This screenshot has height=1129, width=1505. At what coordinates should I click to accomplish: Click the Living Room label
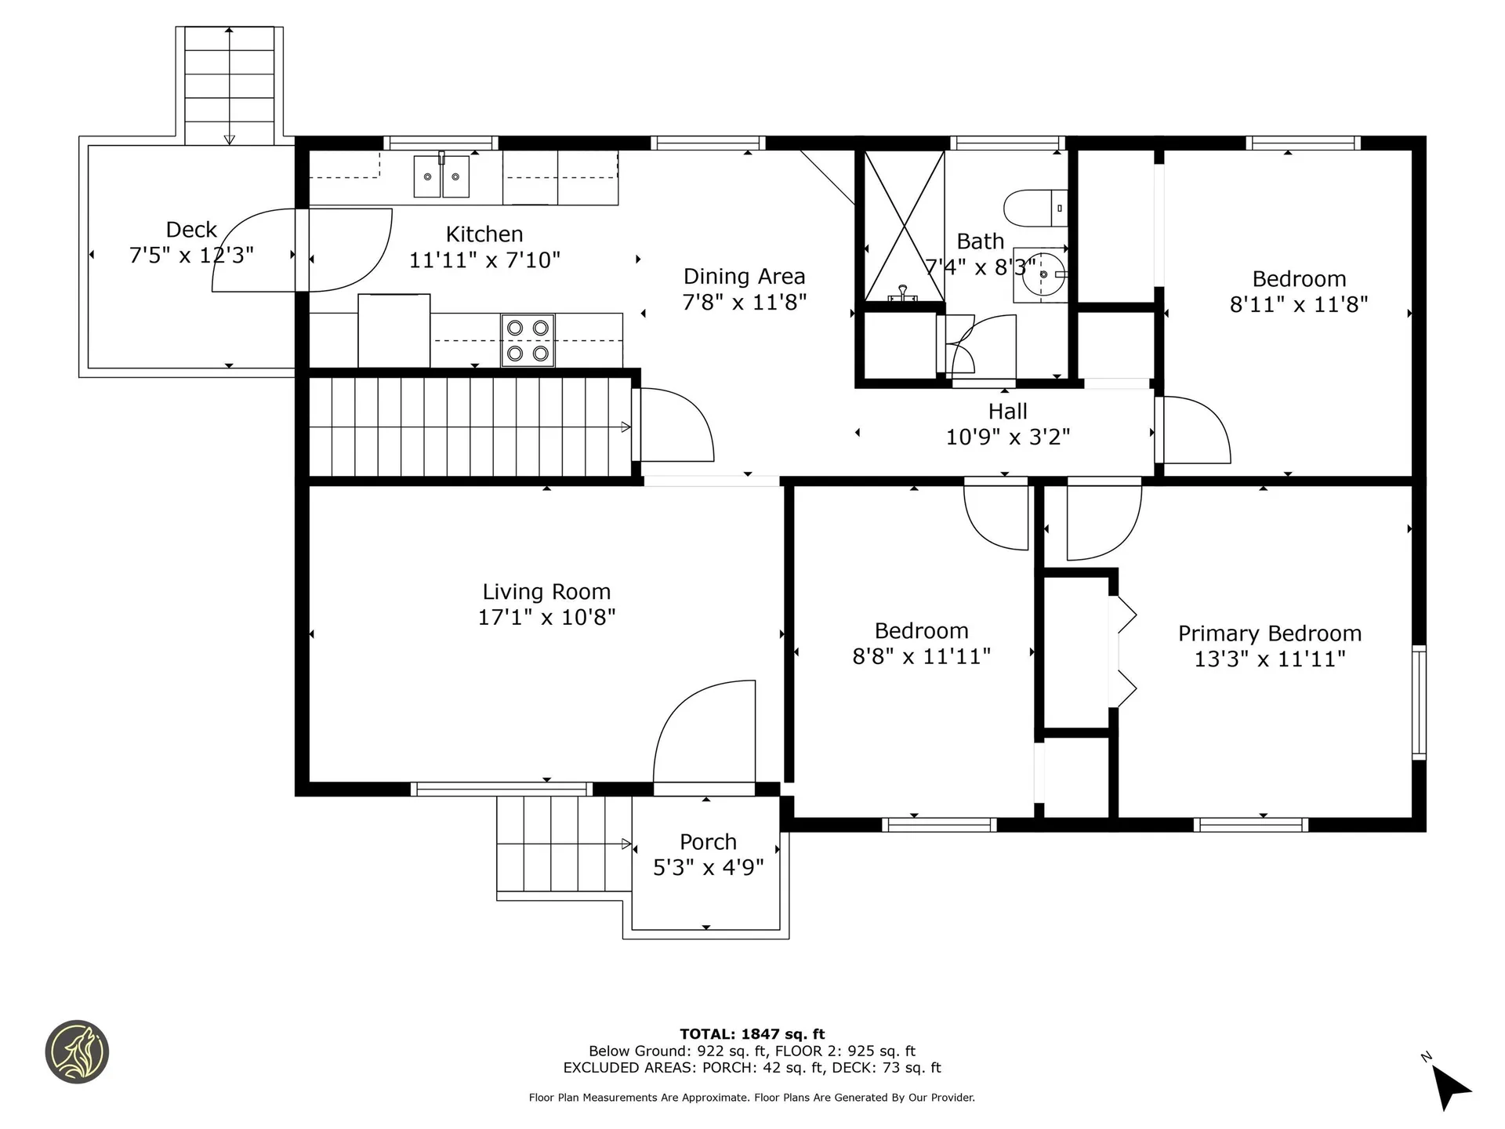pos(546,592)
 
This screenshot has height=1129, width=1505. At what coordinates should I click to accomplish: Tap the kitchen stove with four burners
pos(528,341)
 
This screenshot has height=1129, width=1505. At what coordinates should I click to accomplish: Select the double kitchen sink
pos(441,176)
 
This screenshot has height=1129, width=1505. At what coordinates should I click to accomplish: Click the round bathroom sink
pos(1040,275)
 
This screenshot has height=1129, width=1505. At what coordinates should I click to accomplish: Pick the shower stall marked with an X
pos(904,226)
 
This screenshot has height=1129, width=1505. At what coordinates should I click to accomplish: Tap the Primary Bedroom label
pos(1270,633)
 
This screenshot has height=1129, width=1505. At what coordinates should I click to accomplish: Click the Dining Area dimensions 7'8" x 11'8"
pos(745,302)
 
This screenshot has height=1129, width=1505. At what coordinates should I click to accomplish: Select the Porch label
pos(708,842)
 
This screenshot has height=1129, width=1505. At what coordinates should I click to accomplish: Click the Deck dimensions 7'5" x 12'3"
pos(191,255)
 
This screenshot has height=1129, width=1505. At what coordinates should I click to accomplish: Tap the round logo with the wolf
pos(77,1052)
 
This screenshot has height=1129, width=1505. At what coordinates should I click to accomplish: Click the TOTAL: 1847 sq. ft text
pos(752,1034)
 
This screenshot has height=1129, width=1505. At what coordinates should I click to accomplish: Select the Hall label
pos(1007,411)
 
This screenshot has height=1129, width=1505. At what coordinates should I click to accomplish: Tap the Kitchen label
pos(484,234)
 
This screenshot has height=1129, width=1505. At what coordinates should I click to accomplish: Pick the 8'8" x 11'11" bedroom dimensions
pos(922,656)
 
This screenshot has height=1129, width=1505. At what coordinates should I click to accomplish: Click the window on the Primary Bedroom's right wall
pos(1419,702)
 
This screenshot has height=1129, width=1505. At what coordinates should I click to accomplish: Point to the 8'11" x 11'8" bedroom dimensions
pos(1299,304)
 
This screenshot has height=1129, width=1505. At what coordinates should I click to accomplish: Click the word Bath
pos(980,241)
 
